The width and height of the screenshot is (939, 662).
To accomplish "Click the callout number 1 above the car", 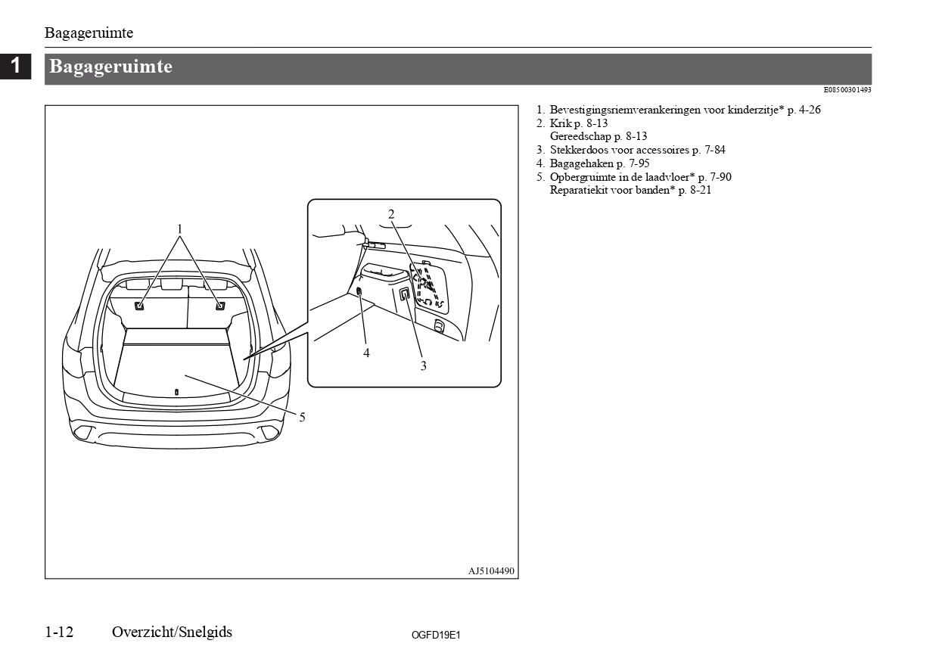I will (x=180, y=228).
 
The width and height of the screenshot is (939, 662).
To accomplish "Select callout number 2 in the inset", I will (x=391, y=214).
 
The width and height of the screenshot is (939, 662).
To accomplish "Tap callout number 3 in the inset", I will (x=423, y=365).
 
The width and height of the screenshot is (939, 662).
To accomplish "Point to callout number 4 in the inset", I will (x=366, y=353).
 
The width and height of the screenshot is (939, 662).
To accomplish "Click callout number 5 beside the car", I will (x=302, y=417).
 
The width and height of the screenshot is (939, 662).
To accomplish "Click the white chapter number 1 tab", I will (x=15, y=66).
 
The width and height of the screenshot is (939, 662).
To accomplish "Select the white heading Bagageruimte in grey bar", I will (x=110, y=67).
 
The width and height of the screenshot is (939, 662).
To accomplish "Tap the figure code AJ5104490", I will (x=491, y=570).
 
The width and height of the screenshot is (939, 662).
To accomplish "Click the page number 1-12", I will (x=59, y=632).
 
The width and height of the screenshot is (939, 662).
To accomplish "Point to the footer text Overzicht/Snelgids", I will (x=172, y=632).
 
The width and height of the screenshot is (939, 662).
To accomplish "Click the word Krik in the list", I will (x=560, y=123).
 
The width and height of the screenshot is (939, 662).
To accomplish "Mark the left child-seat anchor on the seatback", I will (x=140, y=306).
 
